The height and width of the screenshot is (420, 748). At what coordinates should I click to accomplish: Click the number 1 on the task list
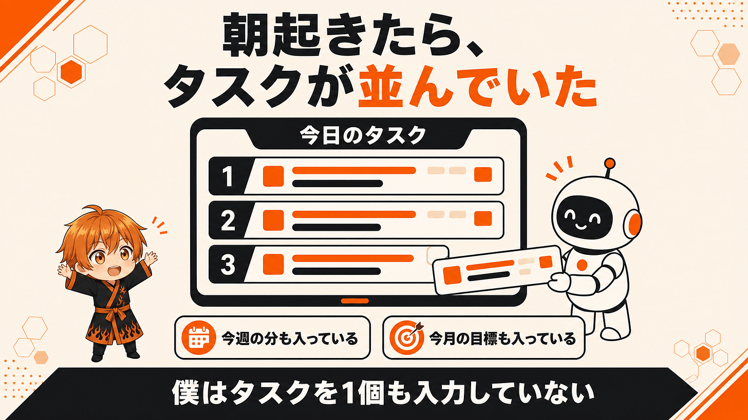click(228, 176)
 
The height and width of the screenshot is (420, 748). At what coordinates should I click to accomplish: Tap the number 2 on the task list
click(228, 220)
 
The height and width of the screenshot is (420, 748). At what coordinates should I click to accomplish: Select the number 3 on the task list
click(228, 264)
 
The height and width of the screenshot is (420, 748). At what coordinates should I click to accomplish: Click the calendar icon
click(199, 337)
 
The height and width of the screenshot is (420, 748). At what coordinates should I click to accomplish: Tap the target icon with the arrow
click(406, 337)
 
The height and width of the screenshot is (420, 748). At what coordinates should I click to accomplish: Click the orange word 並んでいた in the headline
click(477, 86)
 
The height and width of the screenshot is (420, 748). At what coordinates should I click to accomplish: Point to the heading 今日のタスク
click(363, 136)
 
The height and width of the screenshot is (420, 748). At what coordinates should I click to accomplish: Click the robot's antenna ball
click(610, 163)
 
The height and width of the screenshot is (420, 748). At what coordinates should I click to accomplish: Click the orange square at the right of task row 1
click(483, 174)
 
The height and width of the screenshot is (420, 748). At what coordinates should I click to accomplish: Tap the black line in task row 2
click(336, 227)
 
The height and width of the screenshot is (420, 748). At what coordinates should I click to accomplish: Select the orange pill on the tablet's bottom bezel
click(354, 301)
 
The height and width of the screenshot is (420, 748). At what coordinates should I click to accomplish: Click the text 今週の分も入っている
click(290, 338)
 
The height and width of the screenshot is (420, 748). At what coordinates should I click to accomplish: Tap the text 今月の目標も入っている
click(502, 338)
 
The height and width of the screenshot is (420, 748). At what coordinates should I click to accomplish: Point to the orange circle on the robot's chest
click(582, 265)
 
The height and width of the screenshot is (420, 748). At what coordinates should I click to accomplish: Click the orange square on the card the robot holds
click(452, 275)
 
